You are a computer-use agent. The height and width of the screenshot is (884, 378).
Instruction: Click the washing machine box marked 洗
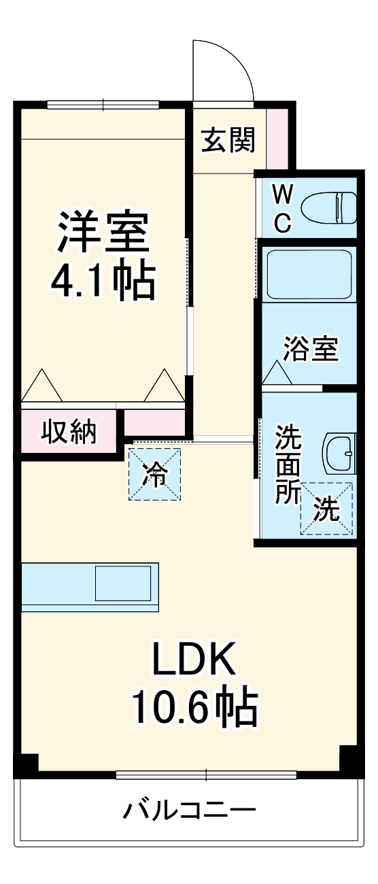(x=327, y=508)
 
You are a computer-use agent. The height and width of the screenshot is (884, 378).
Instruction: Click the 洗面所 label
(x=287, y=464)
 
